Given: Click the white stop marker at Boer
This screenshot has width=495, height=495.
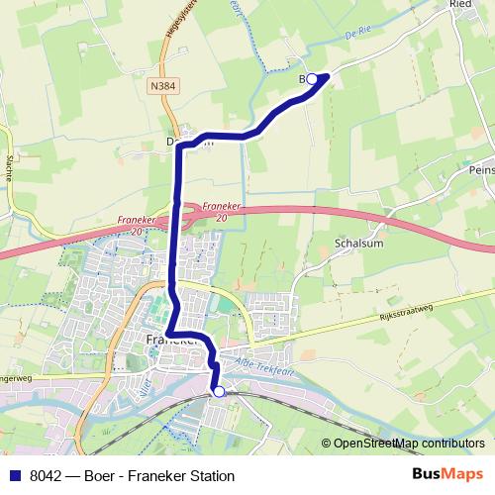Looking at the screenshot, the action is tap(312, 78).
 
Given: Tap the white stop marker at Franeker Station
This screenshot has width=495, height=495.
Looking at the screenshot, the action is tap(219, 392).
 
